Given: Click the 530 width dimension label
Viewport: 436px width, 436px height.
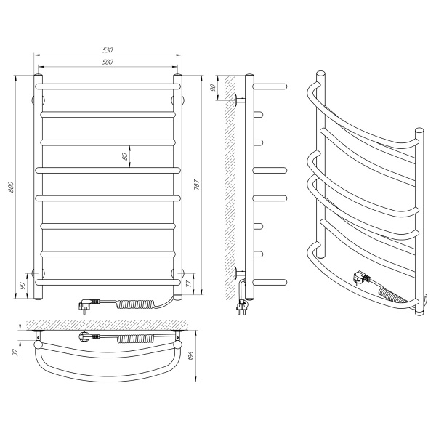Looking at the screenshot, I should [x=108, y=50].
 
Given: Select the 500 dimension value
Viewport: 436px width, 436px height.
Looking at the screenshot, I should [x=108, y=63].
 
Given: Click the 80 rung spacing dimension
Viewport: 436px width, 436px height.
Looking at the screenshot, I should [x=126, y=156].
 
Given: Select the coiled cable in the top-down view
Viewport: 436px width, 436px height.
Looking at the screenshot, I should [x=134, y=339].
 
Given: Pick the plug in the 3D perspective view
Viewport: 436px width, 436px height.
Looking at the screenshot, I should [x=361, y=278].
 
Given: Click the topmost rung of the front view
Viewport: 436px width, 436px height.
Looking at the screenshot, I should [x=108, y=86].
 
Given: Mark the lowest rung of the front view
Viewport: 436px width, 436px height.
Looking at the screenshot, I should [x=108, y=280].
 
